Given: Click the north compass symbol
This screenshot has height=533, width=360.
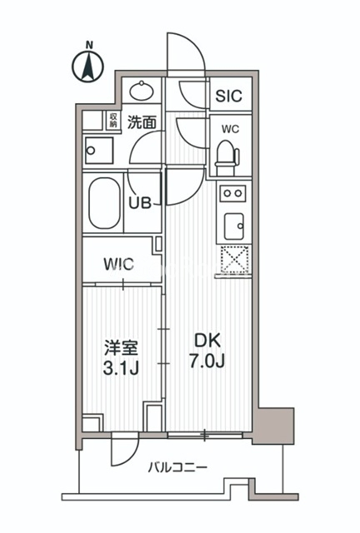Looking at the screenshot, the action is [x=88, y=65].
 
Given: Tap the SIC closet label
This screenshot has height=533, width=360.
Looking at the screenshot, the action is [x=229, y=96].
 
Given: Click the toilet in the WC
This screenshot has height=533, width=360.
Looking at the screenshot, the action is [x=227, y=157].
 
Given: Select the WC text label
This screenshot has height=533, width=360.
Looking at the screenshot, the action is [x=230, y=129].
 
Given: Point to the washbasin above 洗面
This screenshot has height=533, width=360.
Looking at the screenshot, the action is [x=142, y=91].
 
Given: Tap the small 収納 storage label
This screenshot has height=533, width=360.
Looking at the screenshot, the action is [x=113, y=121].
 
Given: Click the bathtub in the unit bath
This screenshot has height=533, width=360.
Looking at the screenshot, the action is [x=104, y=203].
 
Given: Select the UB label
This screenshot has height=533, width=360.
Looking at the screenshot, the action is [x=140, y=203].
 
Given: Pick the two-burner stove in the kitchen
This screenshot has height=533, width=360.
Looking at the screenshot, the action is [x=233, y=193].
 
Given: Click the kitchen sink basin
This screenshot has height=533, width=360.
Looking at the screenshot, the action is [x=234, y=226].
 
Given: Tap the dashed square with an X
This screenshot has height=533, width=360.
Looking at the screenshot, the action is [x=235, y=259].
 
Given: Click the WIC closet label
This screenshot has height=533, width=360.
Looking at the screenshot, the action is [x=119, y=264].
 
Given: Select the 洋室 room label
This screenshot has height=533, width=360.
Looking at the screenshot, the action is [x=121, y=348].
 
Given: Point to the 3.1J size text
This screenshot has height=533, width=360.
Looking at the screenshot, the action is [x=121, y=368].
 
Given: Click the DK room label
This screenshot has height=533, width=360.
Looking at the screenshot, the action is [x=207, y=341].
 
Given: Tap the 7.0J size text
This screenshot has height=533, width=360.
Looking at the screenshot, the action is [x=207, y=361].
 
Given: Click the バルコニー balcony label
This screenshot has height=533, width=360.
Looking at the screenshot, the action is [x=177, y=468].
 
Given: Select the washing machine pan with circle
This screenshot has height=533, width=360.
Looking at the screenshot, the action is [x=99, y=150].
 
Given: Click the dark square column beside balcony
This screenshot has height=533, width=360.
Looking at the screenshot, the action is [x=274, y=426].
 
